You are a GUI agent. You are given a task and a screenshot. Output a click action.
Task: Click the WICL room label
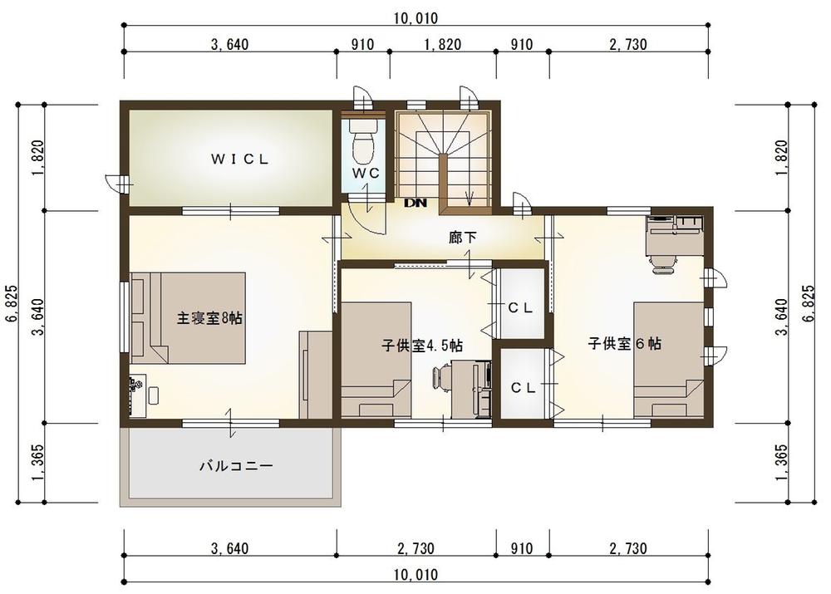(240, 159)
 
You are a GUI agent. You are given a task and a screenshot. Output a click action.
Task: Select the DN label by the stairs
(415, 203)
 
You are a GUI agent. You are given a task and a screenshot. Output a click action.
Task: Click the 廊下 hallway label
(463, 238)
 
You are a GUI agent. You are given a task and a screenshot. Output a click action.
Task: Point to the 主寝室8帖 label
(209, 318)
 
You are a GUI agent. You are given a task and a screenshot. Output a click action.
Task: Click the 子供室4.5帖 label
(422, 346)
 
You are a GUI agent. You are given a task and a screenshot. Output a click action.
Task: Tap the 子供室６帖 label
(624, 343)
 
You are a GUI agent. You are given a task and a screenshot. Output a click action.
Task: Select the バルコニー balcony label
(236, 466)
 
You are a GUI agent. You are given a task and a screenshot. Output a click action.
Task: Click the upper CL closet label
(520, 308)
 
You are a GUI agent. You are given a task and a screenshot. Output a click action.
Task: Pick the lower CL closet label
(523, 388)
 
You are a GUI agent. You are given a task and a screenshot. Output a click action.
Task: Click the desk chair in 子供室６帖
(662, 263)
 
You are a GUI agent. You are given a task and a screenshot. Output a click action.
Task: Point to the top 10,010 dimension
(416, 18)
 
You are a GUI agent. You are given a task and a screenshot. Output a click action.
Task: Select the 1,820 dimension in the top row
(443, 45)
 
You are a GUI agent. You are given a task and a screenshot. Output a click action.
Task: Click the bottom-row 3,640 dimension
(229, 548)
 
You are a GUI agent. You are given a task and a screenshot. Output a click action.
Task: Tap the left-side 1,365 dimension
(37, 463)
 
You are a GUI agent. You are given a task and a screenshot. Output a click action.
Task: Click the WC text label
(366, 173)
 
